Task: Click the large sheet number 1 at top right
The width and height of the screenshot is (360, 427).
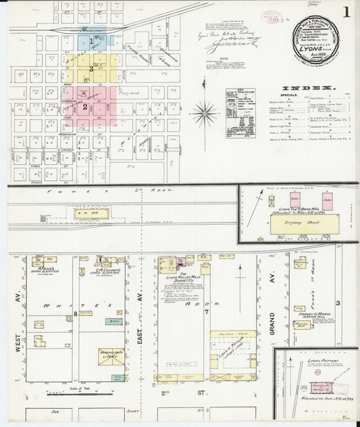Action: click(346, 12)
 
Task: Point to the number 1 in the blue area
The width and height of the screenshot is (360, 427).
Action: click(91, 41)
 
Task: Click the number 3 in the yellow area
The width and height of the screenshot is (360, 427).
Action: click(90, 70)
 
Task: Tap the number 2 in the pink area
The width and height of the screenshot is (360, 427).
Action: click(85, 106)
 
